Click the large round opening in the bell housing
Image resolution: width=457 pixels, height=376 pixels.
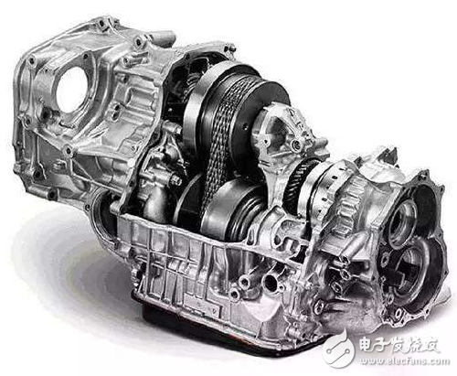point(72,89)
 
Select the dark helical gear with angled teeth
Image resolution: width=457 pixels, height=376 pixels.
point(300,182)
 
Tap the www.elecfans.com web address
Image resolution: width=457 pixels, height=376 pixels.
point(404,361)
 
